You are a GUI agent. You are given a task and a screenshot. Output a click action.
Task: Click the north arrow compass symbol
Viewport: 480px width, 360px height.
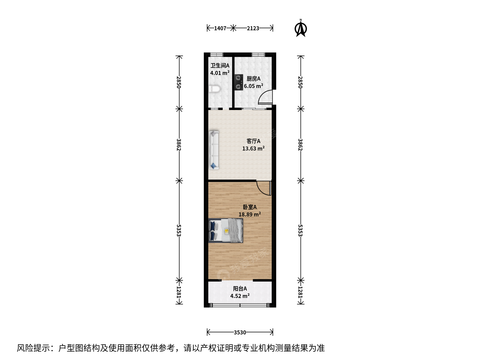coord(301,28)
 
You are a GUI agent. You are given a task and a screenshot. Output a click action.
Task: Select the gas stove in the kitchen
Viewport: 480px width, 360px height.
coord(239,82)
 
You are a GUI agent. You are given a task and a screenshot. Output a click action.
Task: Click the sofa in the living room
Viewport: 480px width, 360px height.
coord(214,150)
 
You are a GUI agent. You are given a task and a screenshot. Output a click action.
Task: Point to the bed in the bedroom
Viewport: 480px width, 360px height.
coord(226,231)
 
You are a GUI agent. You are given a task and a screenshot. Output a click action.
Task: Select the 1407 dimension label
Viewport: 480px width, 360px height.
coord(220,28)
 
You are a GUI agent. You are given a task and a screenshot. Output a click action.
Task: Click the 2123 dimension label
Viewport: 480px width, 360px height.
coord(253,28)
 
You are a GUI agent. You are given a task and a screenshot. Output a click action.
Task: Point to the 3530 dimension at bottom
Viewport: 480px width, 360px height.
coord(240,332)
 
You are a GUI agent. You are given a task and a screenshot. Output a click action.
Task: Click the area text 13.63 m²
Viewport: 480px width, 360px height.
coord(253,148)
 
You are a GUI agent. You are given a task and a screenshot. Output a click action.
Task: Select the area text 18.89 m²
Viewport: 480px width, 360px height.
coord(250,214)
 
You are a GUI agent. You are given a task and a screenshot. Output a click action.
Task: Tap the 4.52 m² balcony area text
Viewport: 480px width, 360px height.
coord(240,296)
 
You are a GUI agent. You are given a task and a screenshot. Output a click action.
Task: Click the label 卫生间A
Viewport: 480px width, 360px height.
coord(220,66)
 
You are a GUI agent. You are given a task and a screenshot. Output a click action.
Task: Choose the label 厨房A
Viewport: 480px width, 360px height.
coord(253,79)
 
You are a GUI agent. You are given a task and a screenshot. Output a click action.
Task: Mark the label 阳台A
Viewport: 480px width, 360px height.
coord(240,289)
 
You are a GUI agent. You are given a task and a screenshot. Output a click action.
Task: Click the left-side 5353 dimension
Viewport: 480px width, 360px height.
coord(179,230)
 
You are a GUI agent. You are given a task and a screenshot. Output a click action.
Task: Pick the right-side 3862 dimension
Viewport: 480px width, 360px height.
coord(300,145)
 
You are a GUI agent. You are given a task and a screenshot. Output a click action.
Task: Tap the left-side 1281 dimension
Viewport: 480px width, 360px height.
coord(179,292)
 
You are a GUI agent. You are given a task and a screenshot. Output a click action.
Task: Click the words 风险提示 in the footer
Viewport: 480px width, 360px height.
coord(33,348)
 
